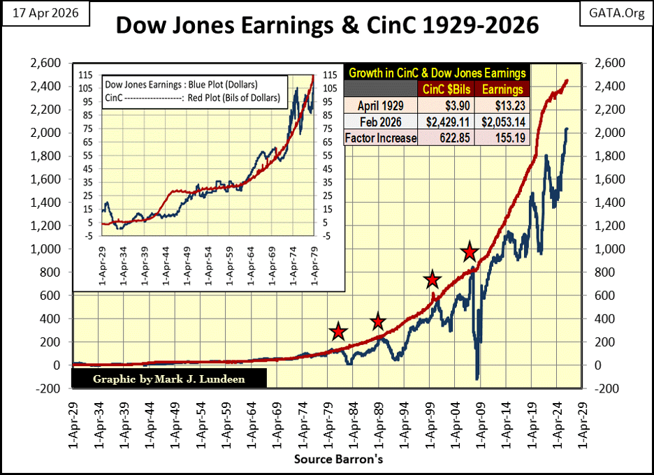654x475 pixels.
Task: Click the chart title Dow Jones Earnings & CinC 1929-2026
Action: point(327,26)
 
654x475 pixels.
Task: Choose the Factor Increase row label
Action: point(381,138)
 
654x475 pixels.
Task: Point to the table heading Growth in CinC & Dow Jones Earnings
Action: point(437,73)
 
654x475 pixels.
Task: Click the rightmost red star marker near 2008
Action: point(470,252)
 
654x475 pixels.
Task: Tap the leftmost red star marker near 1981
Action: point(338,332)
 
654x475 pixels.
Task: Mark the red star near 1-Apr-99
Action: point(433,280)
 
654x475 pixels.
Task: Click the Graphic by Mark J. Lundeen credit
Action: point(168,379)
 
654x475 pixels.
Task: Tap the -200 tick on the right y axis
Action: point(605,388)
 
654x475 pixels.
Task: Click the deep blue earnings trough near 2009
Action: point(478,378)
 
